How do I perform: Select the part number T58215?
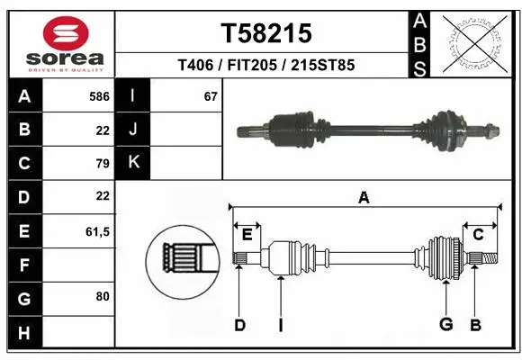coord(266,33)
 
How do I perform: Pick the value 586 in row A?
coord(99,95)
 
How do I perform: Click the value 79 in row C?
coord(102,164)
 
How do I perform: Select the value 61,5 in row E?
coord(97,231)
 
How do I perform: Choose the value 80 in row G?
coord(102,295)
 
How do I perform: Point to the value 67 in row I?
coord(211,95)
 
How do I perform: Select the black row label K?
coord(133,163)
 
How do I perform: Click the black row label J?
coord(133,130)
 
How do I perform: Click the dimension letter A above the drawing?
coord(364,197)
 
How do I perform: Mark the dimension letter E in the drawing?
coord(247,234)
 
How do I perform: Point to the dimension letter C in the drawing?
coord(479,234)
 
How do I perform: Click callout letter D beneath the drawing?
coord(239,325)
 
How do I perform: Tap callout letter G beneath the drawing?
coord(445,325)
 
